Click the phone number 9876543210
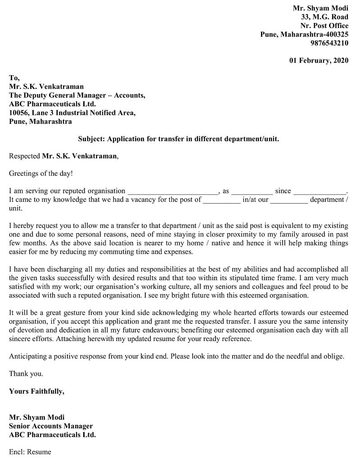[329, 43]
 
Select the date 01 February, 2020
[319, 61]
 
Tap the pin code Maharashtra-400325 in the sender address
[315, 34]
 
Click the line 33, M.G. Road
[324, 17]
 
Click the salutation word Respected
[24, 156]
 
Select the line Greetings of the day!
[40, 173]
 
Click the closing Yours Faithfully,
[36, 391]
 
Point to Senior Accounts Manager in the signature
[51, 426]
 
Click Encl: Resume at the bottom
[30, 452]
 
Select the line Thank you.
[26, 374]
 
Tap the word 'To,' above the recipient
[14, 78]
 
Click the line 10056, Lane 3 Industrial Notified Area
[72, 113]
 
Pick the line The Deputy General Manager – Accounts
[77, 96]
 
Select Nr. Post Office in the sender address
[324, 26]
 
